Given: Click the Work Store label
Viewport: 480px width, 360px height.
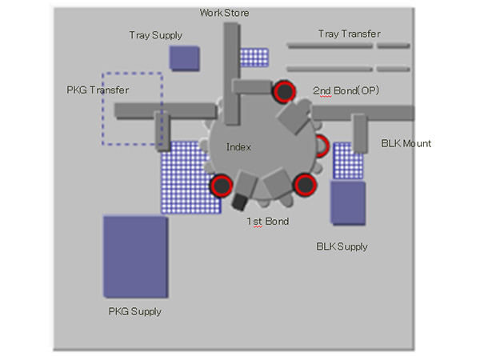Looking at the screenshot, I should tap(224, 14).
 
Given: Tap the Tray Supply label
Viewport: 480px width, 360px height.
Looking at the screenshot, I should tap(155, 35).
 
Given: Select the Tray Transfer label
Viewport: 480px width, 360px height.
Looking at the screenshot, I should tap(349, 34).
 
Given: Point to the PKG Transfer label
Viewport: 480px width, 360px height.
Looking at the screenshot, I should tap(98, 90).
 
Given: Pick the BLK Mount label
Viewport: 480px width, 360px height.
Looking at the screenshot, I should tap(406, 143).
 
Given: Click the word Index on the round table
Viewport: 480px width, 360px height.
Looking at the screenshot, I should tap(238, 147).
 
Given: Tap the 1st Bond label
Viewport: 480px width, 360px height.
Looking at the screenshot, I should tap(267, 221).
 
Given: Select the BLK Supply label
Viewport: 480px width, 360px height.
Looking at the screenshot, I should tap(342, 246).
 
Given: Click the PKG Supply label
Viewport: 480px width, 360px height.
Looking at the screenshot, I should tap(134, 311).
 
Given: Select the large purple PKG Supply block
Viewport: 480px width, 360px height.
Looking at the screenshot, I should tap(134, 257).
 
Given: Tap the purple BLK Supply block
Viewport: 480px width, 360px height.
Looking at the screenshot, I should tap(347, 202).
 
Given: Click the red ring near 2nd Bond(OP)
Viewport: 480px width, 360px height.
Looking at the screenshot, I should tap(282, 93).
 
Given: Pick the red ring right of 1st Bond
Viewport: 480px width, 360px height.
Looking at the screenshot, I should tap(305, 186).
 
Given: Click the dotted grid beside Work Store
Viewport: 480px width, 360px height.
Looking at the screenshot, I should tap(254, 57).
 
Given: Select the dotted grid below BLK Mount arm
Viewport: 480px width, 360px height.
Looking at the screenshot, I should tap(347, 161).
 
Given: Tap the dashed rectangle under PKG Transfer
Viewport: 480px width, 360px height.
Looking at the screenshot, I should tap(133, 109).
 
